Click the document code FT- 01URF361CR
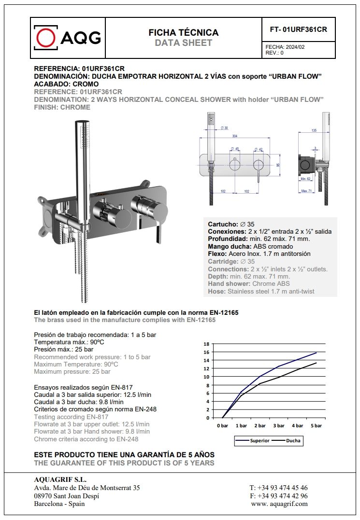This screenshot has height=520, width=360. coord(298,29)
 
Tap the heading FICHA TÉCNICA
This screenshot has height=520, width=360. coord(183,32)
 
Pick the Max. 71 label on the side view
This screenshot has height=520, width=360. coord(306,191)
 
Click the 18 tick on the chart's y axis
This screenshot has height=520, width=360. coord(206,344)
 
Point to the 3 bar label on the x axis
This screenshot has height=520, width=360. coord(278,426)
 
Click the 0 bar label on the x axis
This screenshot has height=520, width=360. coord(222,426)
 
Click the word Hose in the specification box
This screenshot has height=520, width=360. coord(216,291)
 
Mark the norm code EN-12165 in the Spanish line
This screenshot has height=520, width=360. coord(223,313)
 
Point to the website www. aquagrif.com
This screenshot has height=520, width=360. coord(279,504)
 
